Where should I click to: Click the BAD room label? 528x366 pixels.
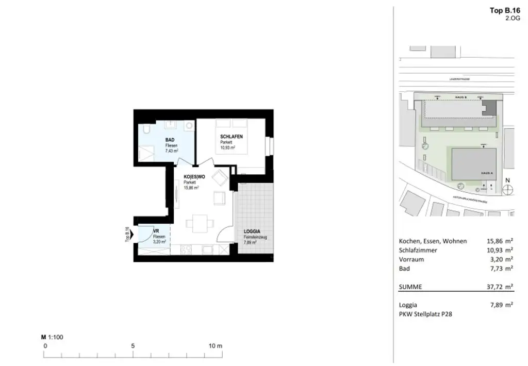[170, 140]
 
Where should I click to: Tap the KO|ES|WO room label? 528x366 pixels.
[194, 177]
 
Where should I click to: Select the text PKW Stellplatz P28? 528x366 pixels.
[426, 314]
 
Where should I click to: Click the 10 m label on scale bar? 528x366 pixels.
[215, 346]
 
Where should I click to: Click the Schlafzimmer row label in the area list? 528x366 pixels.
[418, 250]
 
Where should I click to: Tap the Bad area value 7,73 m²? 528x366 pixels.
[500, 269]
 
